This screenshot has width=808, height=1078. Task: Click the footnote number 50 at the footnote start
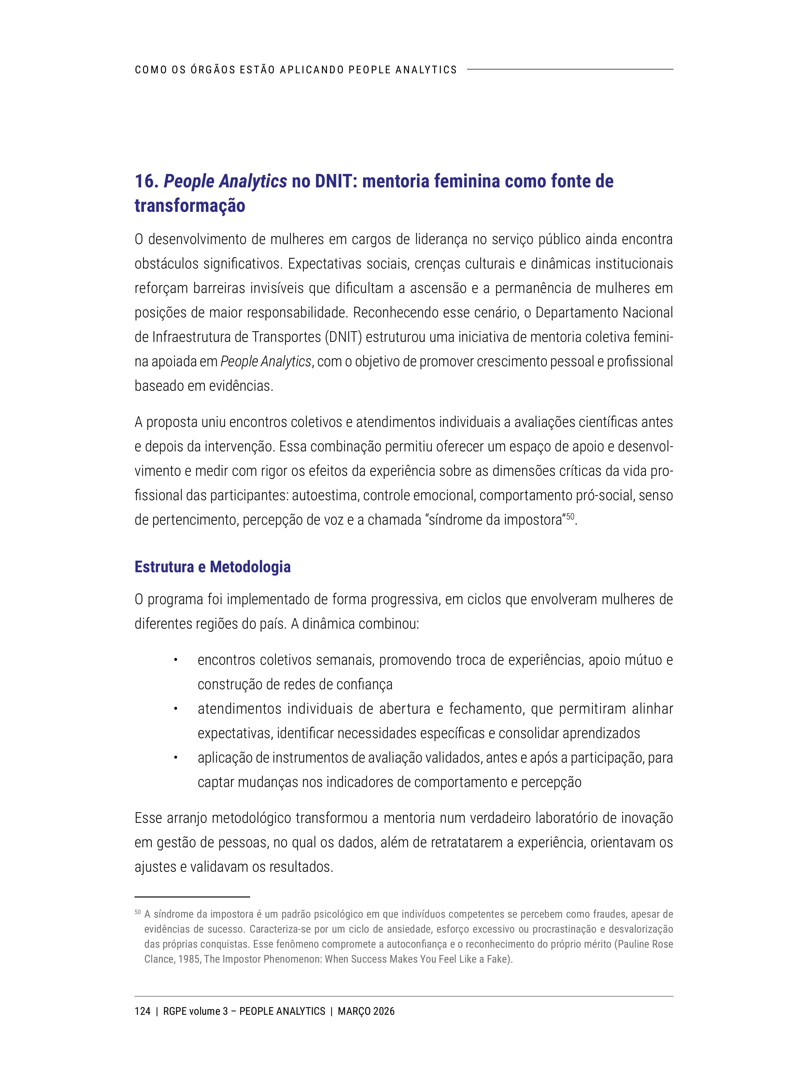point(137,912)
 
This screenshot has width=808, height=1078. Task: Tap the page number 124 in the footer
point(142,1011)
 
